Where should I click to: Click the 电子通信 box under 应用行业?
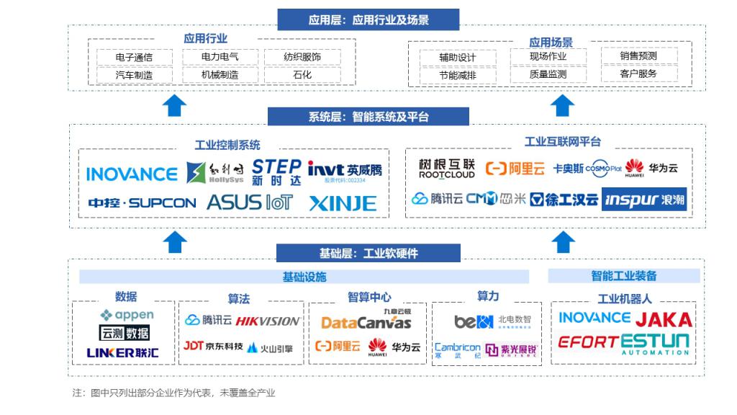click(x=134, y=57)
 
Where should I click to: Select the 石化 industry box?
click(x=302, y=74)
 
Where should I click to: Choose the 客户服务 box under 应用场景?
click(x=638, y=73)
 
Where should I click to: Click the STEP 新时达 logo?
click(x=276, y=173)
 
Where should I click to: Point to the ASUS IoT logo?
click(x=250, y=202)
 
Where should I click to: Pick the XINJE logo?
click(x=343, y=203)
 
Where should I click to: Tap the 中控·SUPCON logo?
click(x=142, y=203)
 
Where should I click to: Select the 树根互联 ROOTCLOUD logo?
click(x=447, y=169)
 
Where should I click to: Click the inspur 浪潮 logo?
click(x=644, y=200)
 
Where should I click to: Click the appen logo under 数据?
click(x=127, y=315)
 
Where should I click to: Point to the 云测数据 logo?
click(x=125, y=333)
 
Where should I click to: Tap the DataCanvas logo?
click(x=366, y=322)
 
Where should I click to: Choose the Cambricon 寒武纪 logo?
click(x=458, y=350)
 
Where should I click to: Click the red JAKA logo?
click(x=664, y=319)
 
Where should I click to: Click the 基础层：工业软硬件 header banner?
click(x=368, y=254)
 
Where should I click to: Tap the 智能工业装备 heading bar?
click(x=624, y=276)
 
